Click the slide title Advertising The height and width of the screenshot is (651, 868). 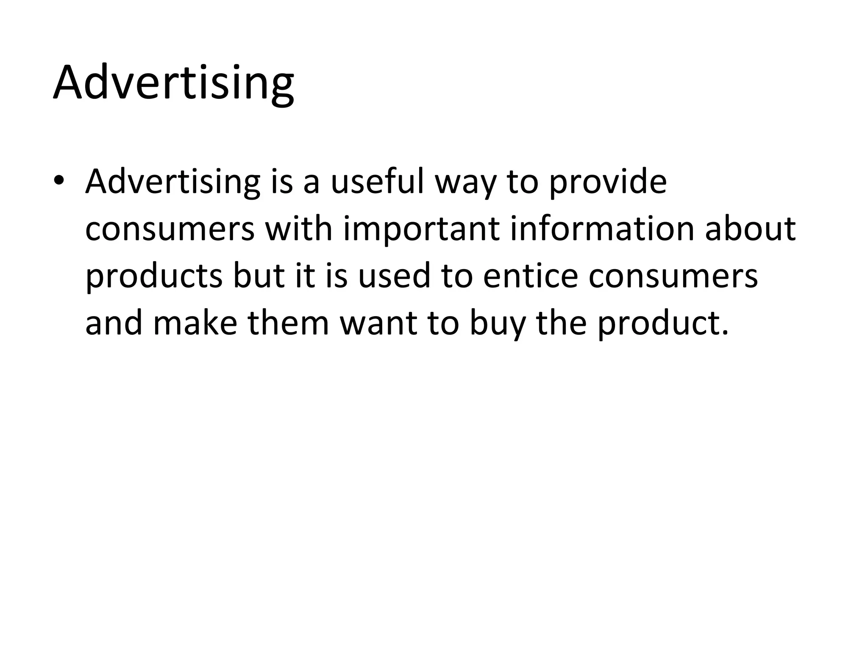(173, 83)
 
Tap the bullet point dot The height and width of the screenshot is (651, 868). (59, 181)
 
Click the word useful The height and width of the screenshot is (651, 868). (377, 181)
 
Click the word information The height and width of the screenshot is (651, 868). (602, 229)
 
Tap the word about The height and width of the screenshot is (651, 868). (750, 229)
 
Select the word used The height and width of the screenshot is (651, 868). (394, 276)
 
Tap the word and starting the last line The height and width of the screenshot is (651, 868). (114, 323)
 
